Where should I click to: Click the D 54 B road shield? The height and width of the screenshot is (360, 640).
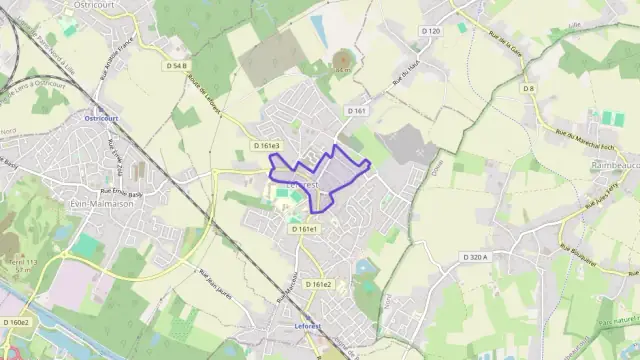coord(178,66)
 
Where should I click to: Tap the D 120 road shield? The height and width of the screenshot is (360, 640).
coord(430,32)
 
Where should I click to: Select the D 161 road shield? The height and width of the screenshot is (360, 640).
coord(357,110)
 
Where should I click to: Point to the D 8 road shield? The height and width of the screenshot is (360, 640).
coord(529,89)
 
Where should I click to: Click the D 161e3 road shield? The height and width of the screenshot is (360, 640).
coord(267,146)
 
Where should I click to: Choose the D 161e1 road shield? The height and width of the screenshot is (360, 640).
coord(306,229)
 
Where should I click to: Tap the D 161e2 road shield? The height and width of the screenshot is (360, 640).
coord(319,284)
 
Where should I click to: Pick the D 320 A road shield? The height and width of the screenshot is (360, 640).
coord(475,257)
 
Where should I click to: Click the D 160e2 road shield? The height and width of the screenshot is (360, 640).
coord(16,322)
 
